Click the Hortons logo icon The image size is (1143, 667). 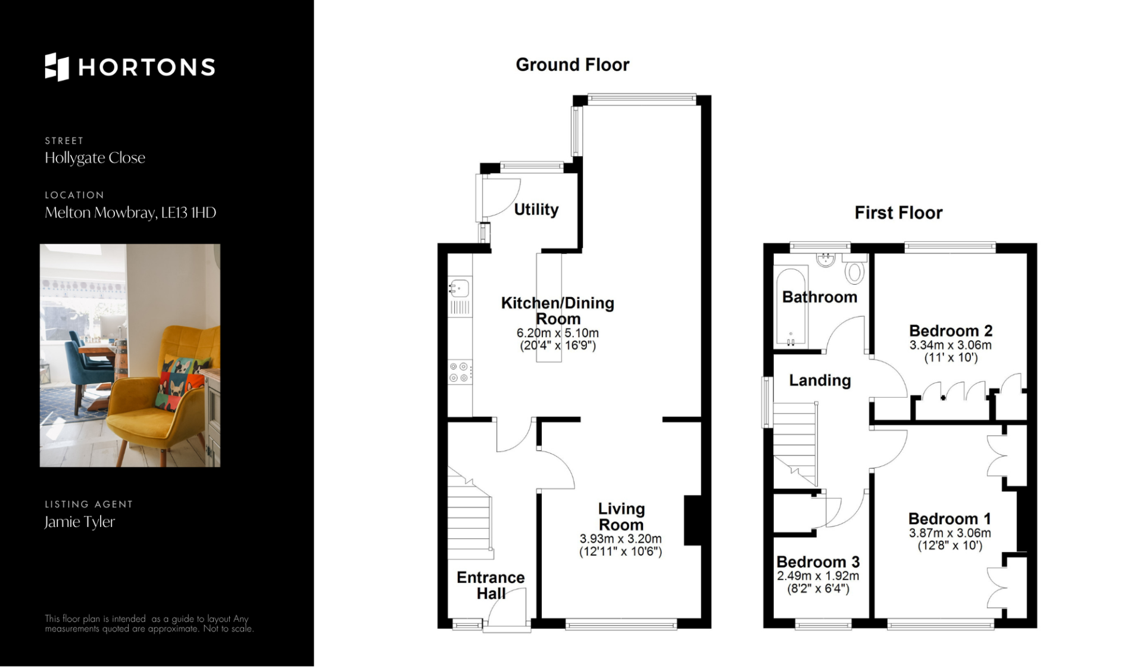(57, 67)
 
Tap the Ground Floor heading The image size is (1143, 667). (572, 64)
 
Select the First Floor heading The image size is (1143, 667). (898, 213)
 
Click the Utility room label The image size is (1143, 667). (536, 210)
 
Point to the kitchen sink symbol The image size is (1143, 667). (460, 288)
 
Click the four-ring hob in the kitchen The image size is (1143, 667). (460, 373)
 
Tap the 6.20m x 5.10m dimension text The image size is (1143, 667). (558, 333)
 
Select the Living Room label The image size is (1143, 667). (621, 516)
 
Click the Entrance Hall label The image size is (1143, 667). (491, 585)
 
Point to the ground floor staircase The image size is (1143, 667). (470, 513)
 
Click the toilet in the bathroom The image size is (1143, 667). (855, 269)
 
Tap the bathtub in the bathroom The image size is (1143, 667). (791, 307)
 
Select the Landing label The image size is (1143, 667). (820, 381)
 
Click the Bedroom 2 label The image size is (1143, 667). (951, 331)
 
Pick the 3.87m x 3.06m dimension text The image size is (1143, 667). (950, 533)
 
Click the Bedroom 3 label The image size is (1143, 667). (818, 562)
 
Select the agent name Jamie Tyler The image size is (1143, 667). (80, 522)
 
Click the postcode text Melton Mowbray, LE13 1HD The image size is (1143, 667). (130, 213)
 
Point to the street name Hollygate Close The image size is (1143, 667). (95, 158)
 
